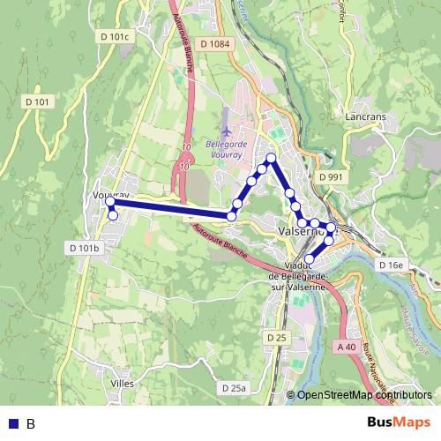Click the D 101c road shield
coord(115,36)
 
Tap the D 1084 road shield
coord(215,44)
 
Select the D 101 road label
coord(41,102)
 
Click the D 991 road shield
coord(330,176)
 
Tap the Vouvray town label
coord(111,195)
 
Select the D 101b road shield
coord(84,248)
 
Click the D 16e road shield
coord(390,265)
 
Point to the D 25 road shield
coord(276,337)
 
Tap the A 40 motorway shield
coord(347,347)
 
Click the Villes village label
coord(123,384)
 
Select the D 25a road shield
coord(234,388)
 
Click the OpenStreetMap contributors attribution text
coord(363,395)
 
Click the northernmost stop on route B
coord(271,158)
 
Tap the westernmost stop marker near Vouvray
coord(110,202)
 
